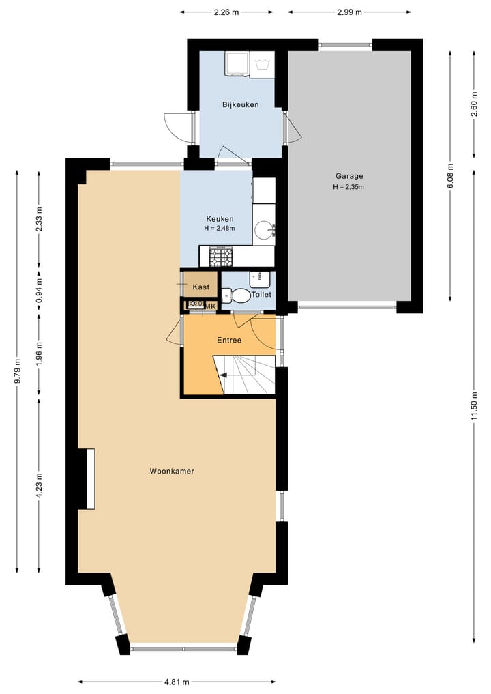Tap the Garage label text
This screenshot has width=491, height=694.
point(348,175)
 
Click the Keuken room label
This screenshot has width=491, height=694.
point(220,219)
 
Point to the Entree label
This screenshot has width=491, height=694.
point(228,340)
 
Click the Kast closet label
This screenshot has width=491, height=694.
point(201,287)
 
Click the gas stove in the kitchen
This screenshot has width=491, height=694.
point(220,257)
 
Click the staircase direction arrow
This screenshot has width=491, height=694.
point(223,374)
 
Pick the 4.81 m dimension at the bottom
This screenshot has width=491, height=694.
point(176,682)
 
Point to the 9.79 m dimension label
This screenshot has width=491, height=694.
point(17,371)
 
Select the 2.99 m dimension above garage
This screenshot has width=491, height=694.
point(349,12)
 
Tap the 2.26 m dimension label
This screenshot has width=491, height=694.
point(226,12)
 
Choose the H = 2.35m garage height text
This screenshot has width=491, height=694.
point(348,187)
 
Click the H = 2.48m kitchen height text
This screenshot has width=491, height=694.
point(220,229)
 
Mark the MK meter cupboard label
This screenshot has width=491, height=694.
point(211,306)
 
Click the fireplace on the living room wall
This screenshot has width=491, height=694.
point(87,478)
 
